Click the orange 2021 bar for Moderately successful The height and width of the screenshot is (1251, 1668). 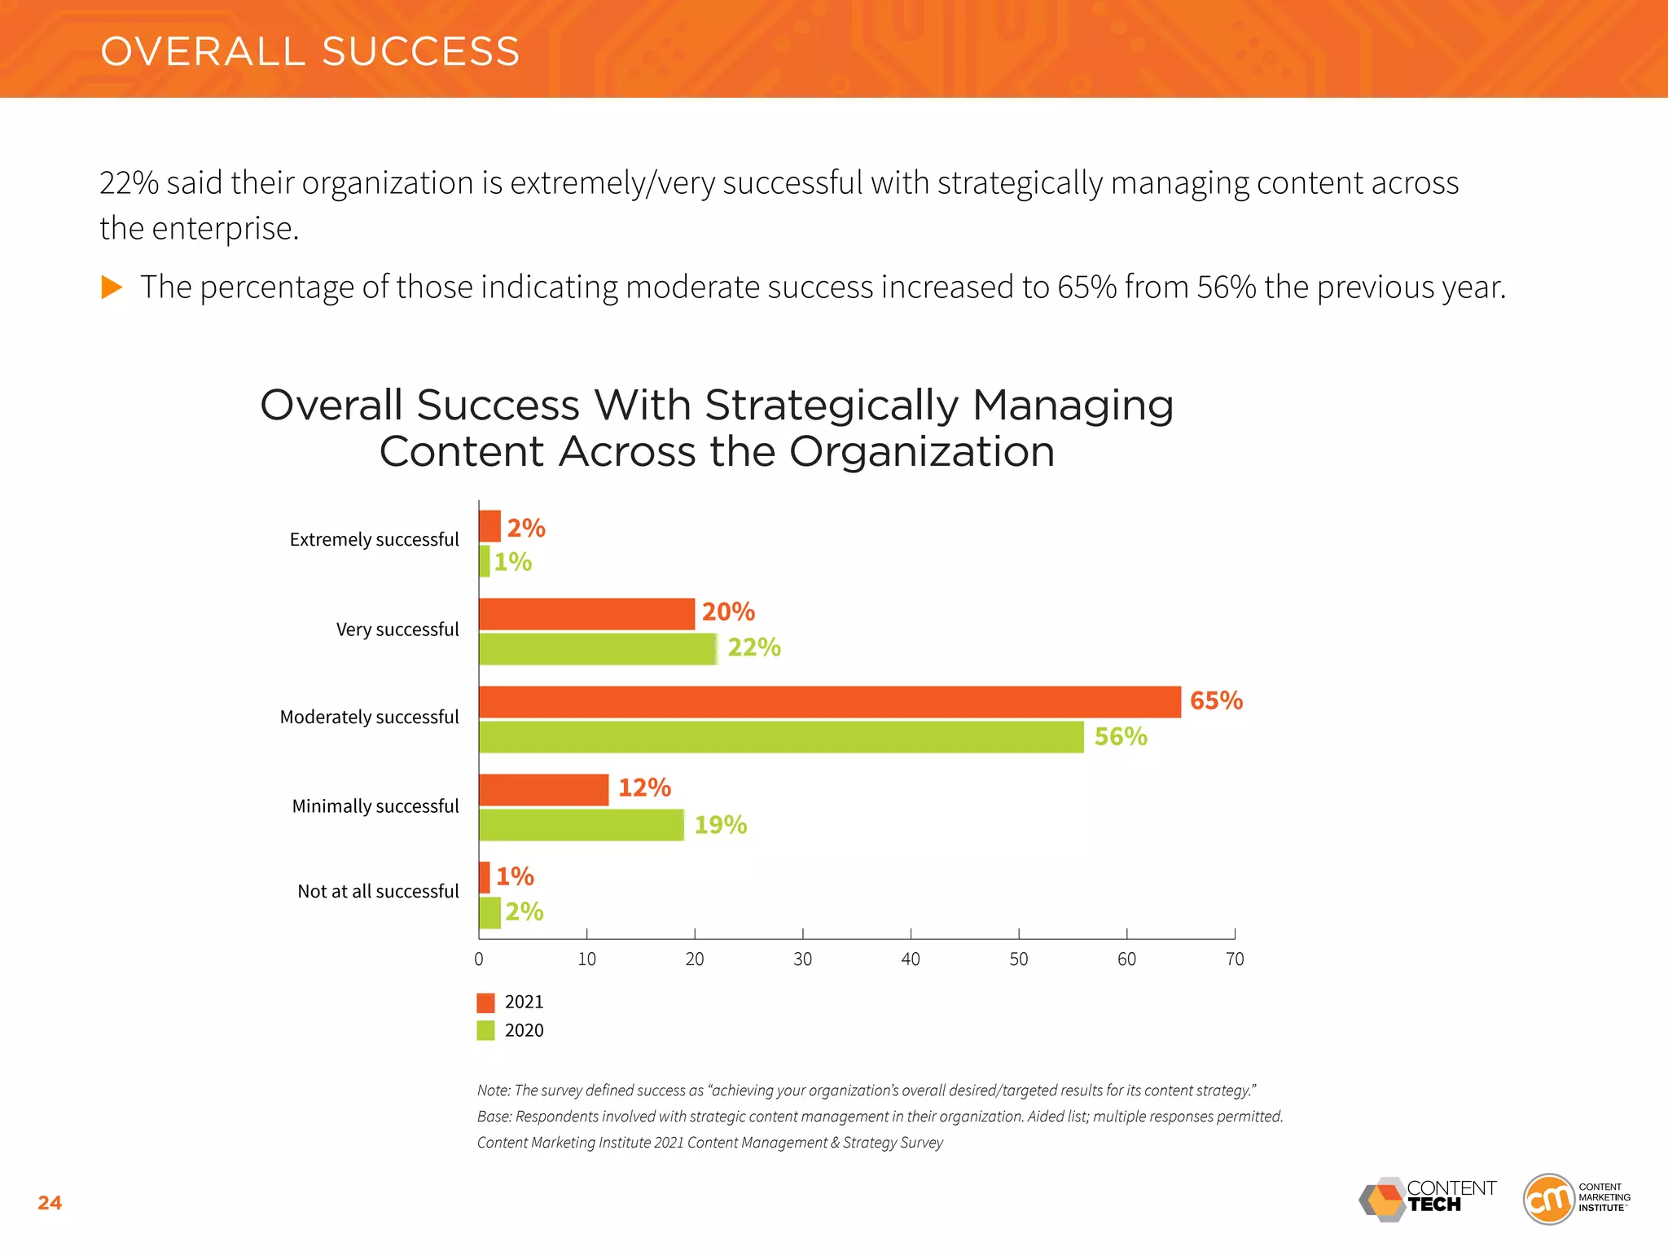click(829, 702)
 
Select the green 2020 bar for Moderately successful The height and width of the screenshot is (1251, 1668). click(780, 737)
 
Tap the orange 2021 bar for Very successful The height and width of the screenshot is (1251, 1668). click(586, 614)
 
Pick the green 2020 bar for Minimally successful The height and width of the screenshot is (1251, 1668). click(581, 825)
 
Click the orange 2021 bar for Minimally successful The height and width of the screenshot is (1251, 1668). click(543, 790)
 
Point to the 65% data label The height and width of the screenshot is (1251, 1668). click(1216, 701)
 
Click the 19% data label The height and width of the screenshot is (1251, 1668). click(720, 825)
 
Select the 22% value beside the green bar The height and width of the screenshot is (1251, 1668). click(753, 647)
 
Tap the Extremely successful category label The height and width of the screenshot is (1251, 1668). click(374, 540)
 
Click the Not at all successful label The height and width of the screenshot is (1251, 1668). click(378, 892)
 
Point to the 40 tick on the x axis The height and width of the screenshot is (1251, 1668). click(911, 959)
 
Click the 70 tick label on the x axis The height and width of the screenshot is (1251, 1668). click(1234, 959)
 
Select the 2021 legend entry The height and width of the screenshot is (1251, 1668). click(524, 1002)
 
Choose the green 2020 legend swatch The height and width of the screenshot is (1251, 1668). click(485, 1030)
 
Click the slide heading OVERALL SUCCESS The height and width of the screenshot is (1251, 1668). click(309, 52)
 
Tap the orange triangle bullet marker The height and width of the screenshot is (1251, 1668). click(112, 287)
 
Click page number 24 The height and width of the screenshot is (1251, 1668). click(50, 1203)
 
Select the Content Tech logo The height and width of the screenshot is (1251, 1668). click(1427, 1199)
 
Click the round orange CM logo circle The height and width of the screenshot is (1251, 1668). click(1548, 1199)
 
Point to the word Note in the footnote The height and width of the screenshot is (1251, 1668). click(493, 1091)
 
